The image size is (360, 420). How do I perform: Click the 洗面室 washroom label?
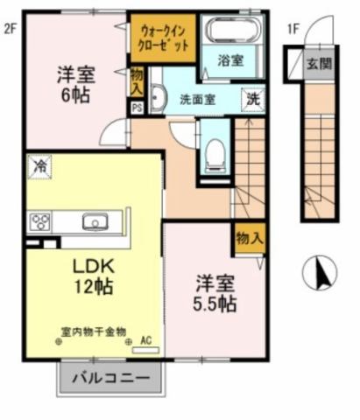click(198, 98)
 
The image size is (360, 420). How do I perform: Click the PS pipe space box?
click(137, 108)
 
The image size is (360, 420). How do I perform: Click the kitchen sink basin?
click(95, 221)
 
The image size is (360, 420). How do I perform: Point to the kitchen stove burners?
click(39, 222)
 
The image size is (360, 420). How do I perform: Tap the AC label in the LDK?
click(145, 340)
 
